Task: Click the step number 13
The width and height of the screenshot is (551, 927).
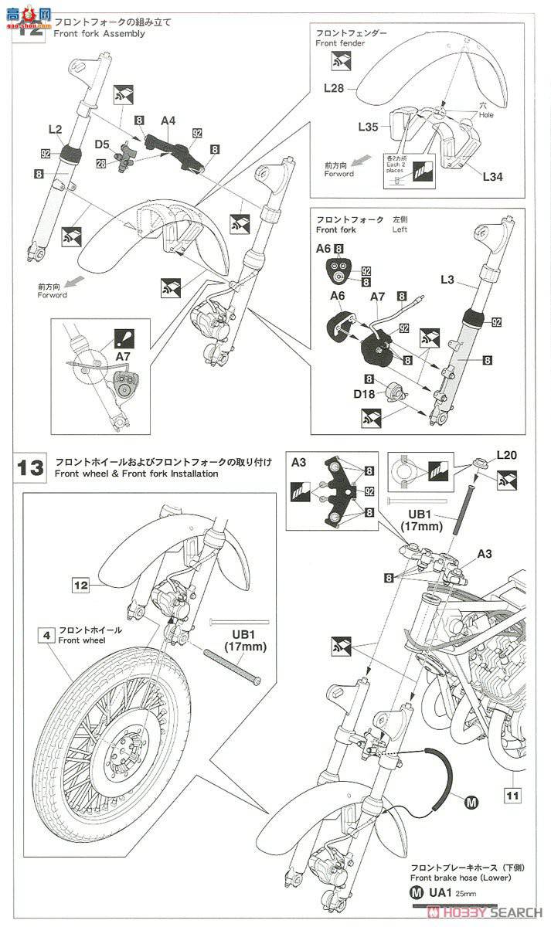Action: tap(32, 467)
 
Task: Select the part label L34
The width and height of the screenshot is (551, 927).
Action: tap(492, 176)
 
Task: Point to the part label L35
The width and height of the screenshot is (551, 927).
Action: tap(368, 125)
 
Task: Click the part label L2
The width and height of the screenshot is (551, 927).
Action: tap(55, 131)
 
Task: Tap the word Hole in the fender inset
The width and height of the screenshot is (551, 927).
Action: tap(486, 115)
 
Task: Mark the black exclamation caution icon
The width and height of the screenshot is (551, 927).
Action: tap(125, 337)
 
